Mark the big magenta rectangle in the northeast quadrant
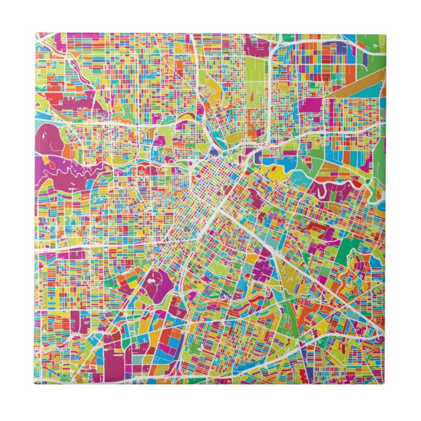pos(312,105)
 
